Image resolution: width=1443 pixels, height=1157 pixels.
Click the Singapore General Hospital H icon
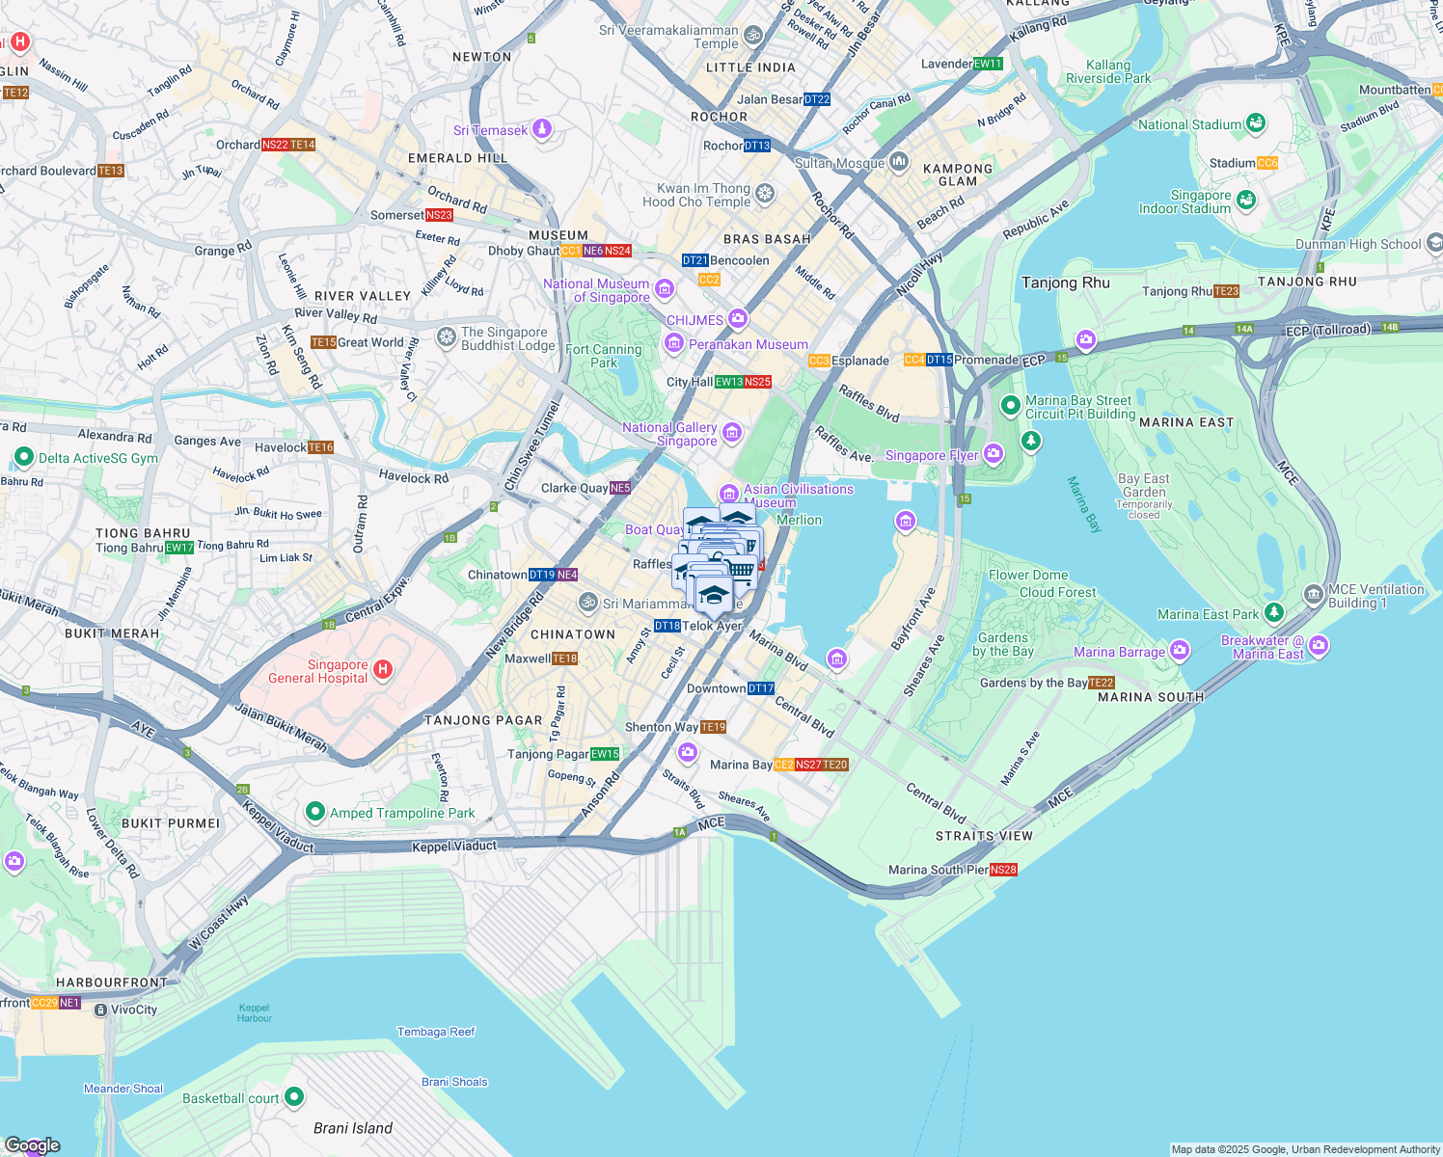(383, 670)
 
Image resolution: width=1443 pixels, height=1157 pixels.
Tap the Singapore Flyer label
(931, 455)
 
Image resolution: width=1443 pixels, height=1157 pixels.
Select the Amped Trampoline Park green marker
(314, 812)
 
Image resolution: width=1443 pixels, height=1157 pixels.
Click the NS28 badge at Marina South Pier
(1003, 870)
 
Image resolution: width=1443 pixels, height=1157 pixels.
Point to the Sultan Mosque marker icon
(899, 162)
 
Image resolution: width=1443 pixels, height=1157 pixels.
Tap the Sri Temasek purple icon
(542, 129)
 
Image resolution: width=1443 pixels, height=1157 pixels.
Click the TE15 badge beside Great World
(323, 342)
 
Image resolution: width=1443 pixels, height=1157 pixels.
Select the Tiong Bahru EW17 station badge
(179, 548)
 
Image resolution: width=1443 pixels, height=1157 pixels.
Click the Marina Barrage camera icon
(1180, 652)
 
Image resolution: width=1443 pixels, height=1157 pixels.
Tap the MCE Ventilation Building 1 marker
(1313, 594)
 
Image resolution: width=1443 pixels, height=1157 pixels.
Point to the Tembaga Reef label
(436, 1032)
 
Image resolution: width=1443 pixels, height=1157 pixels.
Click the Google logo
(33, 1145)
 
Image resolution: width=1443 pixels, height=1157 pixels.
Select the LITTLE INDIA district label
(750, 67)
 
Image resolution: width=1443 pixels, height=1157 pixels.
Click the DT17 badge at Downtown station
(761, 688)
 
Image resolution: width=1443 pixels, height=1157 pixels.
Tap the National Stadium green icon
(1255, 123)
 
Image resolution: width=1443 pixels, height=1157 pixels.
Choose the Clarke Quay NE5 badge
(620, 488)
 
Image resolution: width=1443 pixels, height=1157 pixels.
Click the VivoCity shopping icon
(100, 1009)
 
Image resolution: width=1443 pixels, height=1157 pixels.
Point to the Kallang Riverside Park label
(1108, 71)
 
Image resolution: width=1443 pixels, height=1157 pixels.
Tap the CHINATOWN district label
(573, 634)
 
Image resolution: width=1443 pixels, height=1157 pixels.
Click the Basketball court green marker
(294, 1097)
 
